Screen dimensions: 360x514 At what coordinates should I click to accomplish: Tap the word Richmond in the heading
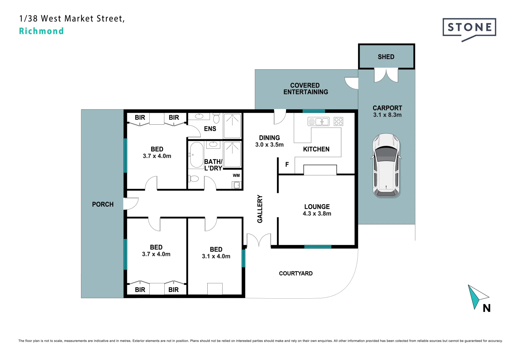pos(41,31)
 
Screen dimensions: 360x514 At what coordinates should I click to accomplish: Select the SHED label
pos(386,57)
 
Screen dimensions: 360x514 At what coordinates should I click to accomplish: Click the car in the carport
pos(386,165)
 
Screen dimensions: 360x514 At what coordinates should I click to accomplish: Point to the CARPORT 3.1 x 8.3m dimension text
pos(387,115)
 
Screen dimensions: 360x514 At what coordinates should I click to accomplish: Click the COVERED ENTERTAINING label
pos(305,89)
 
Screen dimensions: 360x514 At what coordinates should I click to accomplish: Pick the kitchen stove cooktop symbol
pos(338,121)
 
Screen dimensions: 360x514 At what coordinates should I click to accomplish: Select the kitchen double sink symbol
pos(319,122)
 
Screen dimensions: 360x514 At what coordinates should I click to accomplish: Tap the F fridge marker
pos(287,164)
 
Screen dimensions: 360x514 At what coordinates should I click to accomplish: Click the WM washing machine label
pos(236,175)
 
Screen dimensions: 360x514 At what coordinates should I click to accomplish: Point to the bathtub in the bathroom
pos(197,155)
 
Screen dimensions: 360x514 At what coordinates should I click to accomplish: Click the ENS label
pos(210,129)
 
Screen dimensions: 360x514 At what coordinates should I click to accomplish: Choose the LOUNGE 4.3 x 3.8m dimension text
pos(317,214)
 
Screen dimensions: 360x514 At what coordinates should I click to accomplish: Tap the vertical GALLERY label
pos(260,209)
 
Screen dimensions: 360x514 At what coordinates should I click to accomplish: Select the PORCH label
pos(103,204)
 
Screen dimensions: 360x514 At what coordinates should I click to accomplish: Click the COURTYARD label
pos(296,273)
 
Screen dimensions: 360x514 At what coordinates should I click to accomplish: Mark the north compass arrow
pos(477,296)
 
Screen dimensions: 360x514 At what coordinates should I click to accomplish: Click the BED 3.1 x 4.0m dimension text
pos(216,256)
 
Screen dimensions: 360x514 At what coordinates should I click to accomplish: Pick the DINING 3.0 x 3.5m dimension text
pos(269,145)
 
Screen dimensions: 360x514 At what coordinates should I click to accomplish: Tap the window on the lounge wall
pos(318,247)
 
